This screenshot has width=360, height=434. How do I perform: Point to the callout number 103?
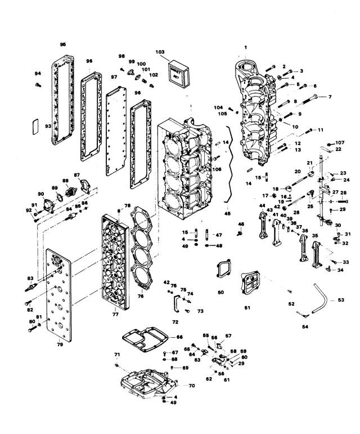point(160,52)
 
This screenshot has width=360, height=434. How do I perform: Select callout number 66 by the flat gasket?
point(179,337)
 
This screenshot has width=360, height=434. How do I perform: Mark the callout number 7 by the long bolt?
point(330,96)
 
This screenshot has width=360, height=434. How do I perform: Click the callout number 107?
point(339,142)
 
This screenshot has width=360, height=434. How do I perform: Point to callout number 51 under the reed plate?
point(248,307)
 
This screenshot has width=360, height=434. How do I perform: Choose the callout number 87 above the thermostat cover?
point(77,175)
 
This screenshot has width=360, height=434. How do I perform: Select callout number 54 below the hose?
point(305,326)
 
